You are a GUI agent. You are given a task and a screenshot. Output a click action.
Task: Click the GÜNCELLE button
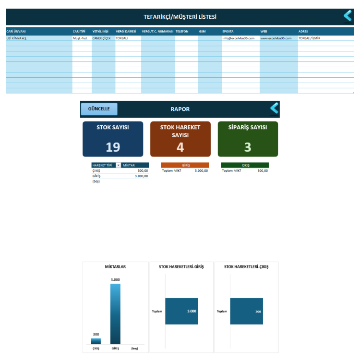99,109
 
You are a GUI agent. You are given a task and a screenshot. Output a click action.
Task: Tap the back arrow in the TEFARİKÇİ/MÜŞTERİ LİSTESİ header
348,16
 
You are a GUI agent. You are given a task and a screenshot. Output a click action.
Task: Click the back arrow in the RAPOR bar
275,108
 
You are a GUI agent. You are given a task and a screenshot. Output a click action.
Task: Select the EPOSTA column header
228,32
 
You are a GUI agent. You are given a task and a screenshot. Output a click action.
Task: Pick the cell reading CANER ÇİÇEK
101,38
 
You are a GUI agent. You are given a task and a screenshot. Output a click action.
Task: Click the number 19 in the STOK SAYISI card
113,147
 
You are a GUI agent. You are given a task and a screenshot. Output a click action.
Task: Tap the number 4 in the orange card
180,147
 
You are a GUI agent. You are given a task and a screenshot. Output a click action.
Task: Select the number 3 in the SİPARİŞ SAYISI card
248,147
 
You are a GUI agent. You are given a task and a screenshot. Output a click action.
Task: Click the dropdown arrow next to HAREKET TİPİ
118,165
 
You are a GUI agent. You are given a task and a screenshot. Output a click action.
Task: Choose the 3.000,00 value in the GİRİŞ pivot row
141,176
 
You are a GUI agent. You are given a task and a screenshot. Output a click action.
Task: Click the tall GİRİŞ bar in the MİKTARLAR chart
115,314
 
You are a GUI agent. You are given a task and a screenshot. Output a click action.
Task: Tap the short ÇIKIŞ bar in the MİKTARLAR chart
96,341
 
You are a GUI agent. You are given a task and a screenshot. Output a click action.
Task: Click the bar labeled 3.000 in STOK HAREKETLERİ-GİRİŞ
181,311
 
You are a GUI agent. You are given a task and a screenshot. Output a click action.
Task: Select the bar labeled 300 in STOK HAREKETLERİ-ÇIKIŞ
247,311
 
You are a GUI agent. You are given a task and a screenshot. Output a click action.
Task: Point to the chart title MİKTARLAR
115,266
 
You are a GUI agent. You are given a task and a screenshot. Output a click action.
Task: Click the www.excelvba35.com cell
276,38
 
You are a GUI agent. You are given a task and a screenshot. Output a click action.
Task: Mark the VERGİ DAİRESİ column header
126,32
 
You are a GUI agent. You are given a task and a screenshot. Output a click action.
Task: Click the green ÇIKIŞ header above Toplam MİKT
245,165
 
